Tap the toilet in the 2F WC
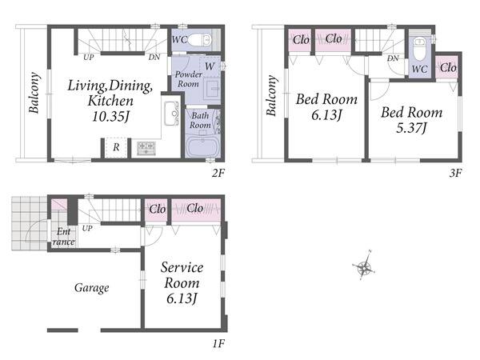click(199, 40)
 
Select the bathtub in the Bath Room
click(202, 146)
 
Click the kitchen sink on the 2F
click(171, 114)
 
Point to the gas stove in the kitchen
click(146, 148)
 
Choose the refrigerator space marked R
click(116, 147)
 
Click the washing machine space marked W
click(210, 66)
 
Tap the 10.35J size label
click(111, 117)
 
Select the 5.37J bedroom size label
click(411, 128)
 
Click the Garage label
click(92, 288)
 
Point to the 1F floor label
click(219, 343)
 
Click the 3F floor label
click(455, 174)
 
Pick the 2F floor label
click(218, 174)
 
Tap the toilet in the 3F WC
click(418, 49)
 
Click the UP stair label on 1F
click(87, 228)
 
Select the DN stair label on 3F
click(393, 58)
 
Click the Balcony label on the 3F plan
click(272, 95)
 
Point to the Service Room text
click(182, 275)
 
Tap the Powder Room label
click(188, 79)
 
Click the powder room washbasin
click(212, 88)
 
